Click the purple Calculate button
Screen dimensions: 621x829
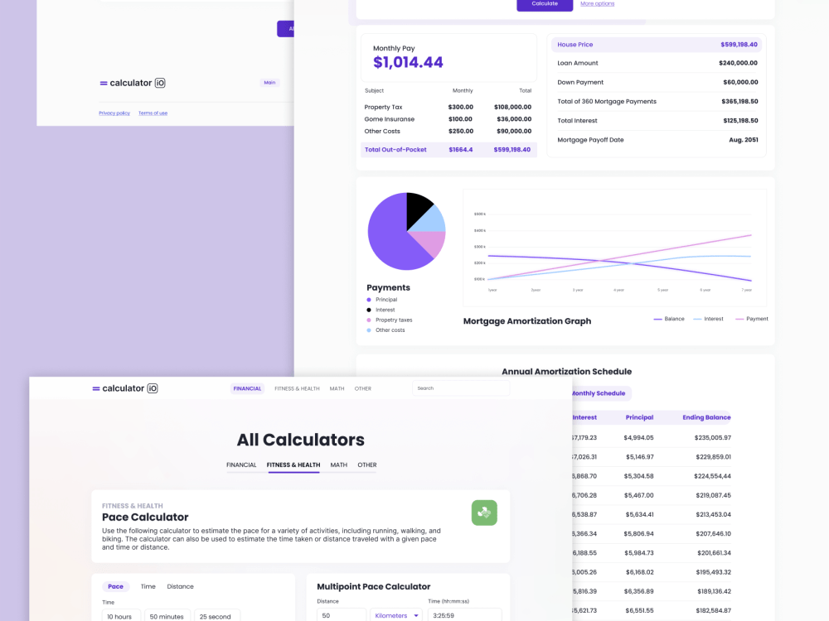point(545,4)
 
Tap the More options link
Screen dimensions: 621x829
point(597,4)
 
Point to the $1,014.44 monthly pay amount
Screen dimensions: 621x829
point(408,62)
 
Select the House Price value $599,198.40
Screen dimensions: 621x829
point(739,45)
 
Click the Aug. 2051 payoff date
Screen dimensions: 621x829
point(744,140)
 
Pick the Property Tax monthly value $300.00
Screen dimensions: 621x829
point(460,107)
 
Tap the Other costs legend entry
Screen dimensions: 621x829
point(390,330)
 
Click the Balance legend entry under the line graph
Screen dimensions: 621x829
point(669,319)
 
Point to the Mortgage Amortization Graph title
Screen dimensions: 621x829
point(527,321)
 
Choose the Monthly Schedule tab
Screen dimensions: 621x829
point(599,393)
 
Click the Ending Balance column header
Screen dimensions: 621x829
point(706,417)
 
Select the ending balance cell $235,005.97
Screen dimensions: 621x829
point(707,437)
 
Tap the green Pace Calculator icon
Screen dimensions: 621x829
point(484,513)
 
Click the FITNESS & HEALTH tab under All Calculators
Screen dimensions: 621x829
point(293,465)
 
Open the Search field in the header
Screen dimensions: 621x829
point(460,388)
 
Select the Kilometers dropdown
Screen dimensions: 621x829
point(396,616)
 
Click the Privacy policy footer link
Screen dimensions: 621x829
point(114,113)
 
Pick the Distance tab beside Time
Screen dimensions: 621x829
point(180,586)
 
